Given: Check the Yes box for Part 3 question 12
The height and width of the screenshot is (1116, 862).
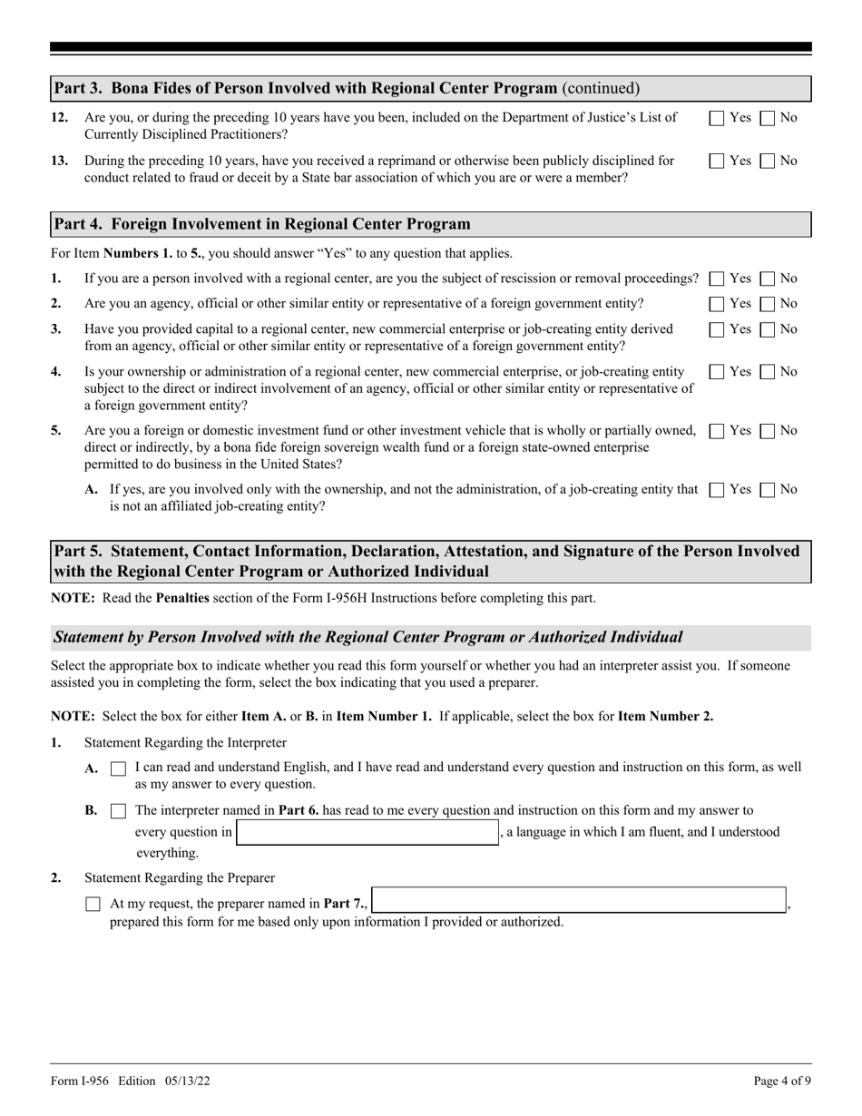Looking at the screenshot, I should pyautogui.click(x=717, y=117).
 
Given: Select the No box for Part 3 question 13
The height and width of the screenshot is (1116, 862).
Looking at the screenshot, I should pyautogui.click(x=767, y=161).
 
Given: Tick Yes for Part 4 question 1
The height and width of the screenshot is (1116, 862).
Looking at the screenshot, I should pyautogui.click(x=717, y=279).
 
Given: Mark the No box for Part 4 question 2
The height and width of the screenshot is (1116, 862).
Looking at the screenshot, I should pyautogui.click(x=767, y=303).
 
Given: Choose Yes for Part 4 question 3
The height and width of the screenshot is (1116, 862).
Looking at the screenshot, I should pyautogui.click(x=717, y=328).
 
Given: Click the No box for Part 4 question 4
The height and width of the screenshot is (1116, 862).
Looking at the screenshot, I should pyautogui.click(x=767, y=372).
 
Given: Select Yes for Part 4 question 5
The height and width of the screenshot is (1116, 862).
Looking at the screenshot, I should pyautogui.click(x=717, y=431).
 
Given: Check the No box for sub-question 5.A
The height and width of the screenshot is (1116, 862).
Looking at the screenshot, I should pyautogui.click(x=767, y=490).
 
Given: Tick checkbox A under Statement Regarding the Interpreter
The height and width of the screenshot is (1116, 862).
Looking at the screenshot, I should pyautogui.click(x=118, y=768).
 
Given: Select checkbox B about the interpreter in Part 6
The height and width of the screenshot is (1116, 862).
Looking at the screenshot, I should pyautogui.click(x=118, y=810).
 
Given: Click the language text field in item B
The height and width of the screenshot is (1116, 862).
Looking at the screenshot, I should pyautogui.click(x=367, y=833).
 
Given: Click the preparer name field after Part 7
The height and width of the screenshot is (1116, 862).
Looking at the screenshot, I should pyautogui.click(x=579, y=900).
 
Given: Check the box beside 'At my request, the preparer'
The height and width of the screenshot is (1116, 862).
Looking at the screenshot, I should pyautogui.click(x=93, y=905).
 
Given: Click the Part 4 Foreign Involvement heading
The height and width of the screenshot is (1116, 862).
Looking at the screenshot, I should pyautogui.click(x=262, y=224).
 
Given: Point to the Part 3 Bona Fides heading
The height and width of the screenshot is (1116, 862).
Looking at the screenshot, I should pyautogui.click(x=306, y=88).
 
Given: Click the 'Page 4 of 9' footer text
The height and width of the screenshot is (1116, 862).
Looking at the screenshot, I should pyautogui.click(x=782, y=1081).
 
